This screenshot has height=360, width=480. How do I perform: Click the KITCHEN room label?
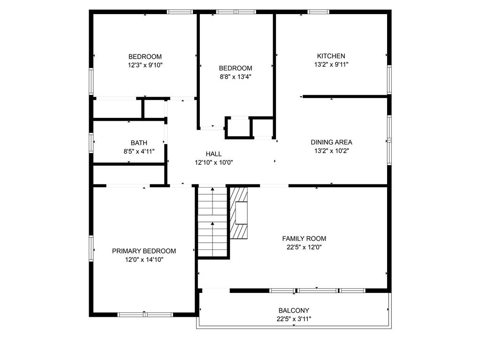coord(331,56)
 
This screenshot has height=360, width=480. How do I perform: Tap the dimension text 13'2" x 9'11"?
coord(331,65)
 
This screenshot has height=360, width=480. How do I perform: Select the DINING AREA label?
coord(332,142)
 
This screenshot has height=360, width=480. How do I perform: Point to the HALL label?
coord(213,153)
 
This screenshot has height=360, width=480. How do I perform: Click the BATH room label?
coord(139,143)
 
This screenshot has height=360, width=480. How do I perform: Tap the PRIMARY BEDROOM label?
coord(144,251)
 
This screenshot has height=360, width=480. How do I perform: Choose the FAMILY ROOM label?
coord(304,238)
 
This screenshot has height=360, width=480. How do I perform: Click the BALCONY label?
coord(294,310)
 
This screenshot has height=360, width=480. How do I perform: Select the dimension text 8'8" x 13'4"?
coord(236,77)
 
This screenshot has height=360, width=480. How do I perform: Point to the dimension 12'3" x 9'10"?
coord(145,65)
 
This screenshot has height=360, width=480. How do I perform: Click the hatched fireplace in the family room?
coord(239,213)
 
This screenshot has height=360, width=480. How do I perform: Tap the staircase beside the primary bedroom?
coord(213,222)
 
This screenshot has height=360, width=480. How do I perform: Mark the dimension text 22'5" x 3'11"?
coord(294,319)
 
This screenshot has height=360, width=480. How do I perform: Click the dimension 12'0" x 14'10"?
coord(144,260)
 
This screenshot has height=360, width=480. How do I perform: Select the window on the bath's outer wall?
coord(91,143)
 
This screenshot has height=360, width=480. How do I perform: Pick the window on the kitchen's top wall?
coord(319,12)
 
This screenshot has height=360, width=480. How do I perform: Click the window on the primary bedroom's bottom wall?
coord(145,314)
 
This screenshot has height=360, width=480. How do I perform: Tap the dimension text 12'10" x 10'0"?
coord(213,162)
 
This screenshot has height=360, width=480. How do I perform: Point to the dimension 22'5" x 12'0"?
coord(304,247)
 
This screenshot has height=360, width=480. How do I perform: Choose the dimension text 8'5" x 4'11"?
coord(139,151)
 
